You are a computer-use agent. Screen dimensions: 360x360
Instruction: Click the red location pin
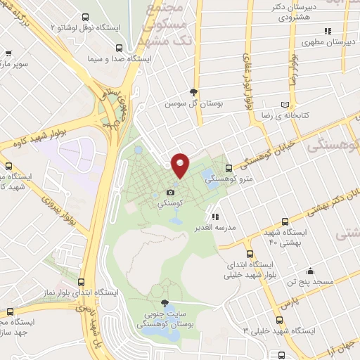[181, 165]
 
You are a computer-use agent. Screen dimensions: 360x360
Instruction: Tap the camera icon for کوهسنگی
[171, 192]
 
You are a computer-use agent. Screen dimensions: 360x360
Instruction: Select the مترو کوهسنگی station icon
[229, 168]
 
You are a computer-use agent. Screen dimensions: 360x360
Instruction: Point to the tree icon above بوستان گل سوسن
[193, 91]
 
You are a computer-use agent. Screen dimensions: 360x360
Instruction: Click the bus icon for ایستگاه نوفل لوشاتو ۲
[85, 16]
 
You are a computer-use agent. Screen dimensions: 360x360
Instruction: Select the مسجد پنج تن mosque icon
[309, 271]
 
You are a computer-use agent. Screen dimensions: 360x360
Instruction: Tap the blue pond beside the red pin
[209, 174]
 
